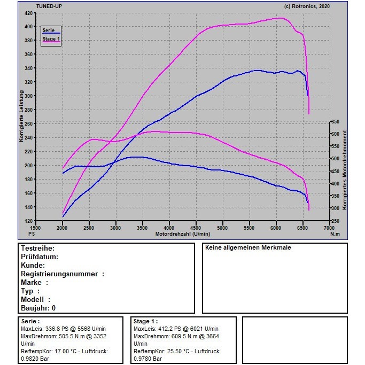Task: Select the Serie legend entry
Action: point(48,30)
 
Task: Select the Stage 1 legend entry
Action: point(51,39)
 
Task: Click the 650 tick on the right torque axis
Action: point(335,121)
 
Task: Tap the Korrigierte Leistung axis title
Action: point(21,117)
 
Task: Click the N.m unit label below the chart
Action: point(335,234)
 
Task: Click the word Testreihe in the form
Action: point(37,248)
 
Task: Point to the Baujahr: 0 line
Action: point(38,308)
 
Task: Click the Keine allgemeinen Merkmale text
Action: point(248,248)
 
